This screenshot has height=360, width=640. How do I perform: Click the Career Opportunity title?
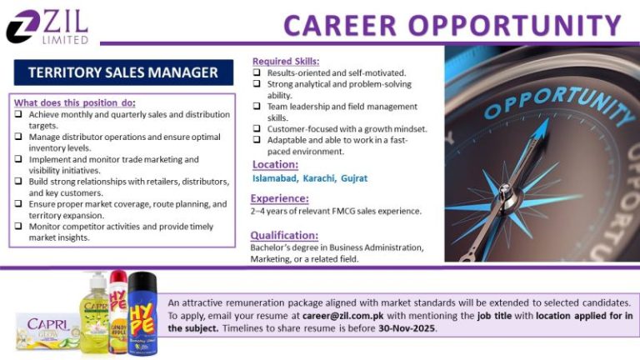pos(452,25)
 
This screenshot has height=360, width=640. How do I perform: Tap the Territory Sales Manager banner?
pos(123,72)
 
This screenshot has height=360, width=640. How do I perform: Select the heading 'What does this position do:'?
pos(75,102)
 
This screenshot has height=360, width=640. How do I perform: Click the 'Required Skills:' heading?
pos(286,62)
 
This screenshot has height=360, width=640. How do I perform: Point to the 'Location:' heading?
pos(274,164)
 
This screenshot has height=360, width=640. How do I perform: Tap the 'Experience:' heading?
pos(279,198)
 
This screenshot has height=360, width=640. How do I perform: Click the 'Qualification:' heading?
pos(284,235)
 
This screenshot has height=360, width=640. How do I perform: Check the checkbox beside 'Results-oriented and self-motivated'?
pos(257,73)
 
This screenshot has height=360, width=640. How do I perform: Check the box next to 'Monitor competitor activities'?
pos(18,227)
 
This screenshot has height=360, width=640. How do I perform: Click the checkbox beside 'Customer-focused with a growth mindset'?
pos(257,129)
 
